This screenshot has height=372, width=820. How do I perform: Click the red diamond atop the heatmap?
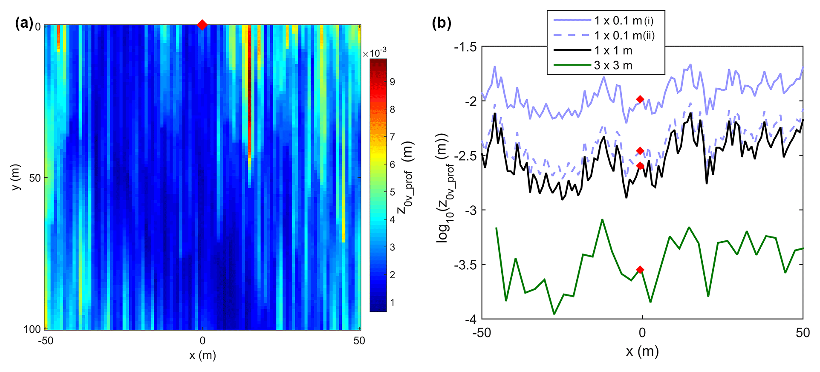202,25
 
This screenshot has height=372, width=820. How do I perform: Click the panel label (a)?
24,23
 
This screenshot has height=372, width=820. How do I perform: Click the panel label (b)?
442,23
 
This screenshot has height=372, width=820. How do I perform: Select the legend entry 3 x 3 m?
613,66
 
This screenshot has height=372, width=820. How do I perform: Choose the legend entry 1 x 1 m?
613,51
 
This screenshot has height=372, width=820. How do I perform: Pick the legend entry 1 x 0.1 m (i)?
624,20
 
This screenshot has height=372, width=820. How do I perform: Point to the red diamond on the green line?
640,270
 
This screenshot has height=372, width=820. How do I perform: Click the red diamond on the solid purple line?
640,99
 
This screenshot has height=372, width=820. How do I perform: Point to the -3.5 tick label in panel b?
465,265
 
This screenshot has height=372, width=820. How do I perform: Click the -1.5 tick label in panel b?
465,47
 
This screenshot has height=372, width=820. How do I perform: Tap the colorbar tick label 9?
393,82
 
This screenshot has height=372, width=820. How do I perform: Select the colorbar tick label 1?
393,303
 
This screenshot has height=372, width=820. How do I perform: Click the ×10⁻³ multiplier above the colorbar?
375,53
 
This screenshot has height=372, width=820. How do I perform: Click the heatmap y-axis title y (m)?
16,177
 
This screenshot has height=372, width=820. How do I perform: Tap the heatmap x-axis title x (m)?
202,355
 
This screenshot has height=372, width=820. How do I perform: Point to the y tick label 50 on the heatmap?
35,178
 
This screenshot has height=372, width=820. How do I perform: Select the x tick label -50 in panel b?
482,333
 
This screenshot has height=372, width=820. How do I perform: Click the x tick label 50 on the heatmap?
359,341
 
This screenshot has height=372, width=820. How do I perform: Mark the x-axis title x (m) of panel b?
642,352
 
